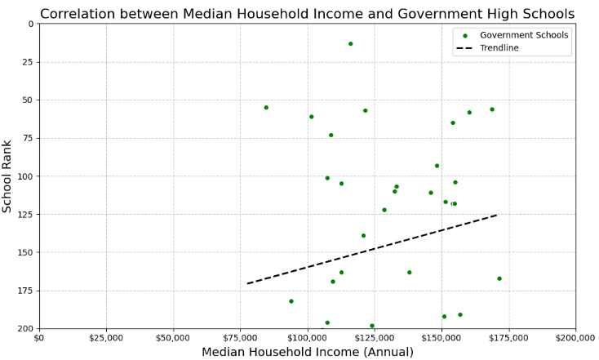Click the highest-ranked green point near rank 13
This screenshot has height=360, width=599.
(x=350, y=44)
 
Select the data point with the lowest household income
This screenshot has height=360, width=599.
(x=266, y=108)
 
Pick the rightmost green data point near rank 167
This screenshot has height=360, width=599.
(x=499, y=278)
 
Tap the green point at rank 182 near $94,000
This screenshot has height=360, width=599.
(x=291, y=301)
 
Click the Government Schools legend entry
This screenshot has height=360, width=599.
(x=512, y=35)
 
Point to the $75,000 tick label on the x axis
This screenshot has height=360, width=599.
(x=240, y=338)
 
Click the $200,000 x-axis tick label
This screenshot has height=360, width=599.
(x=575, y=338)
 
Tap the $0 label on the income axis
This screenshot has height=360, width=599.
(x=39, y=338)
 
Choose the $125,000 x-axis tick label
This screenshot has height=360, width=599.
(x=375, y=338)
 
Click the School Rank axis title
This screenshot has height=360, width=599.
(x=7, y=176)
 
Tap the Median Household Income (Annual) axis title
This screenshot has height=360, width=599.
(x=308, y=352)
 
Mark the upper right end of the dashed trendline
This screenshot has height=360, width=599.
(x=497, y=216)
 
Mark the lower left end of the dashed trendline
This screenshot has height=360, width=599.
(x=247, y=283)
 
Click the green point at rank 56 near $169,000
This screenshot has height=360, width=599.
(x=492, y=109)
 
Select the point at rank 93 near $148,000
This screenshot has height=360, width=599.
(x=437, y=166)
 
